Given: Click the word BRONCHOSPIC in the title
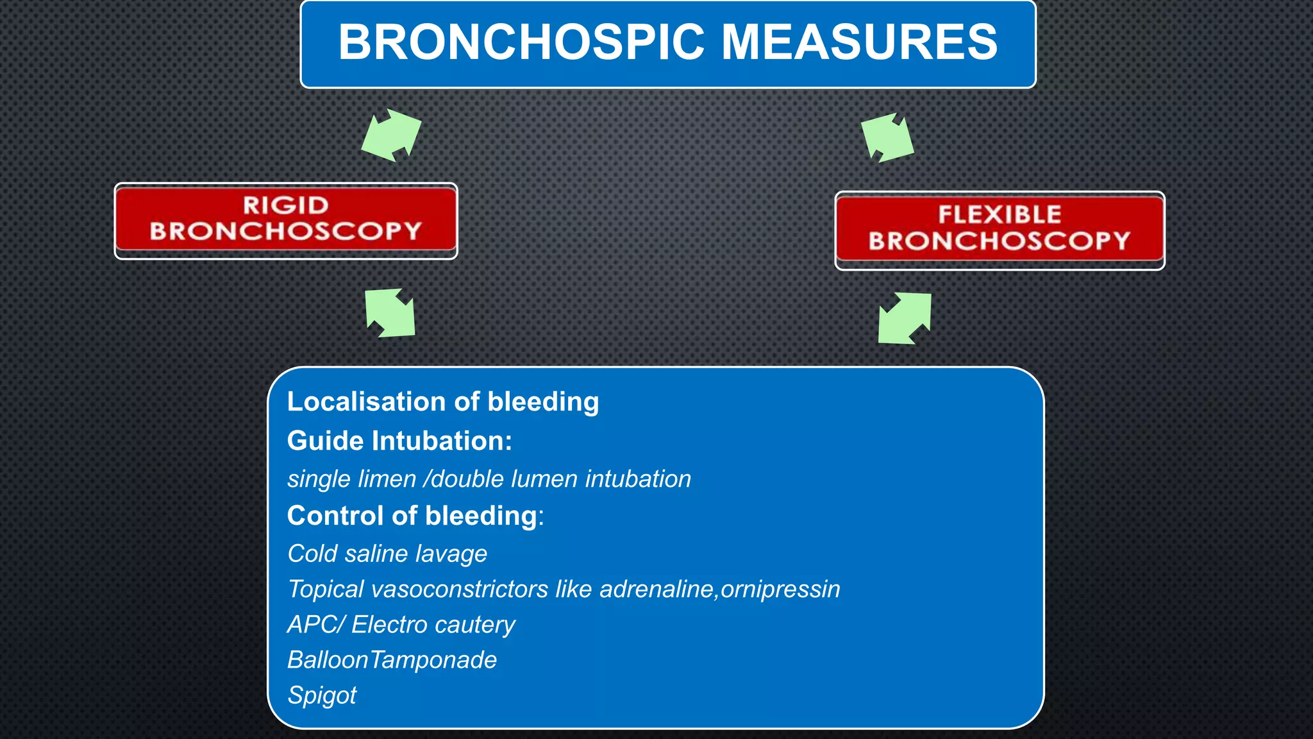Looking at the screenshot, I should pos(522,42).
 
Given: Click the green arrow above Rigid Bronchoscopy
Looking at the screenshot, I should pos(391,135).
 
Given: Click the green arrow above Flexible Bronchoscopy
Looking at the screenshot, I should pos(887,137).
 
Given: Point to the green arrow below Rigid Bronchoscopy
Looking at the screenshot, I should pos(390,313).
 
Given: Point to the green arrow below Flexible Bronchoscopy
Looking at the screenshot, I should pos(905,318).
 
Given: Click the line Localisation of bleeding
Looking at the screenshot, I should pos(442,402).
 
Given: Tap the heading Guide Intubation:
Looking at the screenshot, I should pos(399,441).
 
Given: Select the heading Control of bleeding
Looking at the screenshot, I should pos(412,516).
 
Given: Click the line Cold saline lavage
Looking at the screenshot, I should pos(387,554).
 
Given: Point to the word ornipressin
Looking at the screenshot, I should pos(780,589).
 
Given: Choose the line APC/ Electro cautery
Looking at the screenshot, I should pos(401,625).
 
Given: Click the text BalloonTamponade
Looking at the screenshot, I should pos(392,660).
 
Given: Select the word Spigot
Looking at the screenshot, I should pos(322,695).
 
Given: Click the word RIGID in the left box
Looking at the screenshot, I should pos(286,205).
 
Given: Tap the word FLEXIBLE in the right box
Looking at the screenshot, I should pos(999,214).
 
